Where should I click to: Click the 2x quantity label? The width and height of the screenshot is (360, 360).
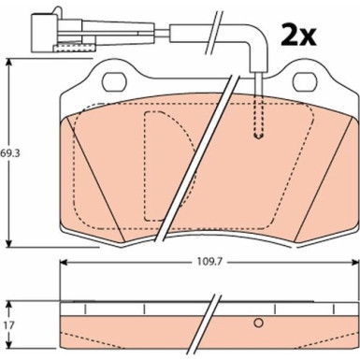(298, 35)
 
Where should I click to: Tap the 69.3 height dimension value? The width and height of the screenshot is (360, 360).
(10, 153)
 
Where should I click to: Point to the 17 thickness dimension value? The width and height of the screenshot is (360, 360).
(9, 325)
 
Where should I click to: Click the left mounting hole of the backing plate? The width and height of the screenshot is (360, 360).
(114, 82)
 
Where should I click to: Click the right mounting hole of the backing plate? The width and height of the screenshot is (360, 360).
(305, 82)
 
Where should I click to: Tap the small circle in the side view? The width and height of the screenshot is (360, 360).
(258, 323)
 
